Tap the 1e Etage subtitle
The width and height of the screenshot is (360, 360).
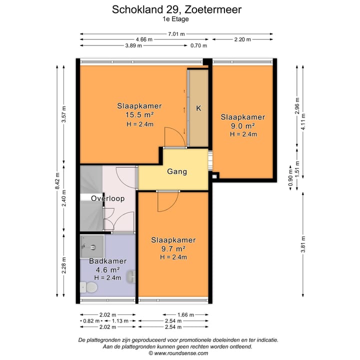(x=175, y=19)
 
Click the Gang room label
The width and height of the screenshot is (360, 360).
(x=176, y=171)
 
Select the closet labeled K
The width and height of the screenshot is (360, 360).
(x=198, y=108)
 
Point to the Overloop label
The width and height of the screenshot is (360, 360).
(x=107, y=198)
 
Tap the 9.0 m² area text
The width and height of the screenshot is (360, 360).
(x=242, y=126)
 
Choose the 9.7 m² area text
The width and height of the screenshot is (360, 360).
(x=173, y=248)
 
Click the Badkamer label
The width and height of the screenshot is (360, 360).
(x=107, y=261)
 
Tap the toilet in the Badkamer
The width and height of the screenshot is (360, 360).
(x=91, y=287)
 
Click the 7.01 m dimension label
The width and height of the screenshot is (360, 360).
(x=176, y=34)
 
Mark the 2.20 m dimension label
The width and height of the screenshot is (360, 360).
(x=243, y=39)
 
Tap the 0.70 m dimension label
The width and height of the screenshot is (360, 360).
(x=198, y=45)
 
